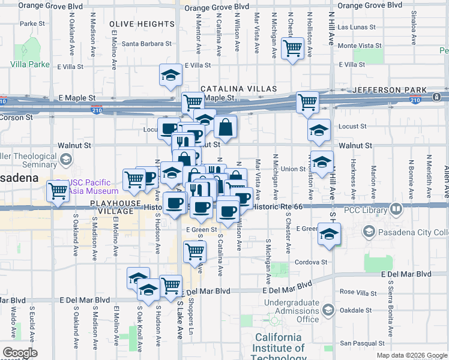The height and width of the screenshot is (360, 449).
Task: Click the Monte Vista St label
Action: pos(360,46)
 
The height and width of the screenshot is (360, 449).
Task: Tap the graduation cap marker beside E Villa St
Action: pos(170,75)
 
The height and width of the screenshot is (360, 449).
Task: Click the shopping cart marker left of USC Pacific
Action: pos(58,191)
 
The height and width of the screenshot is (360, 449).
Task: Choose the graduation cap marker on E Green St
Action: pos(329,234)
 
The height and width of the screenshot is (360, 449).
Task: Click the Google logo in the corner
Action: pos(20,353)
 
